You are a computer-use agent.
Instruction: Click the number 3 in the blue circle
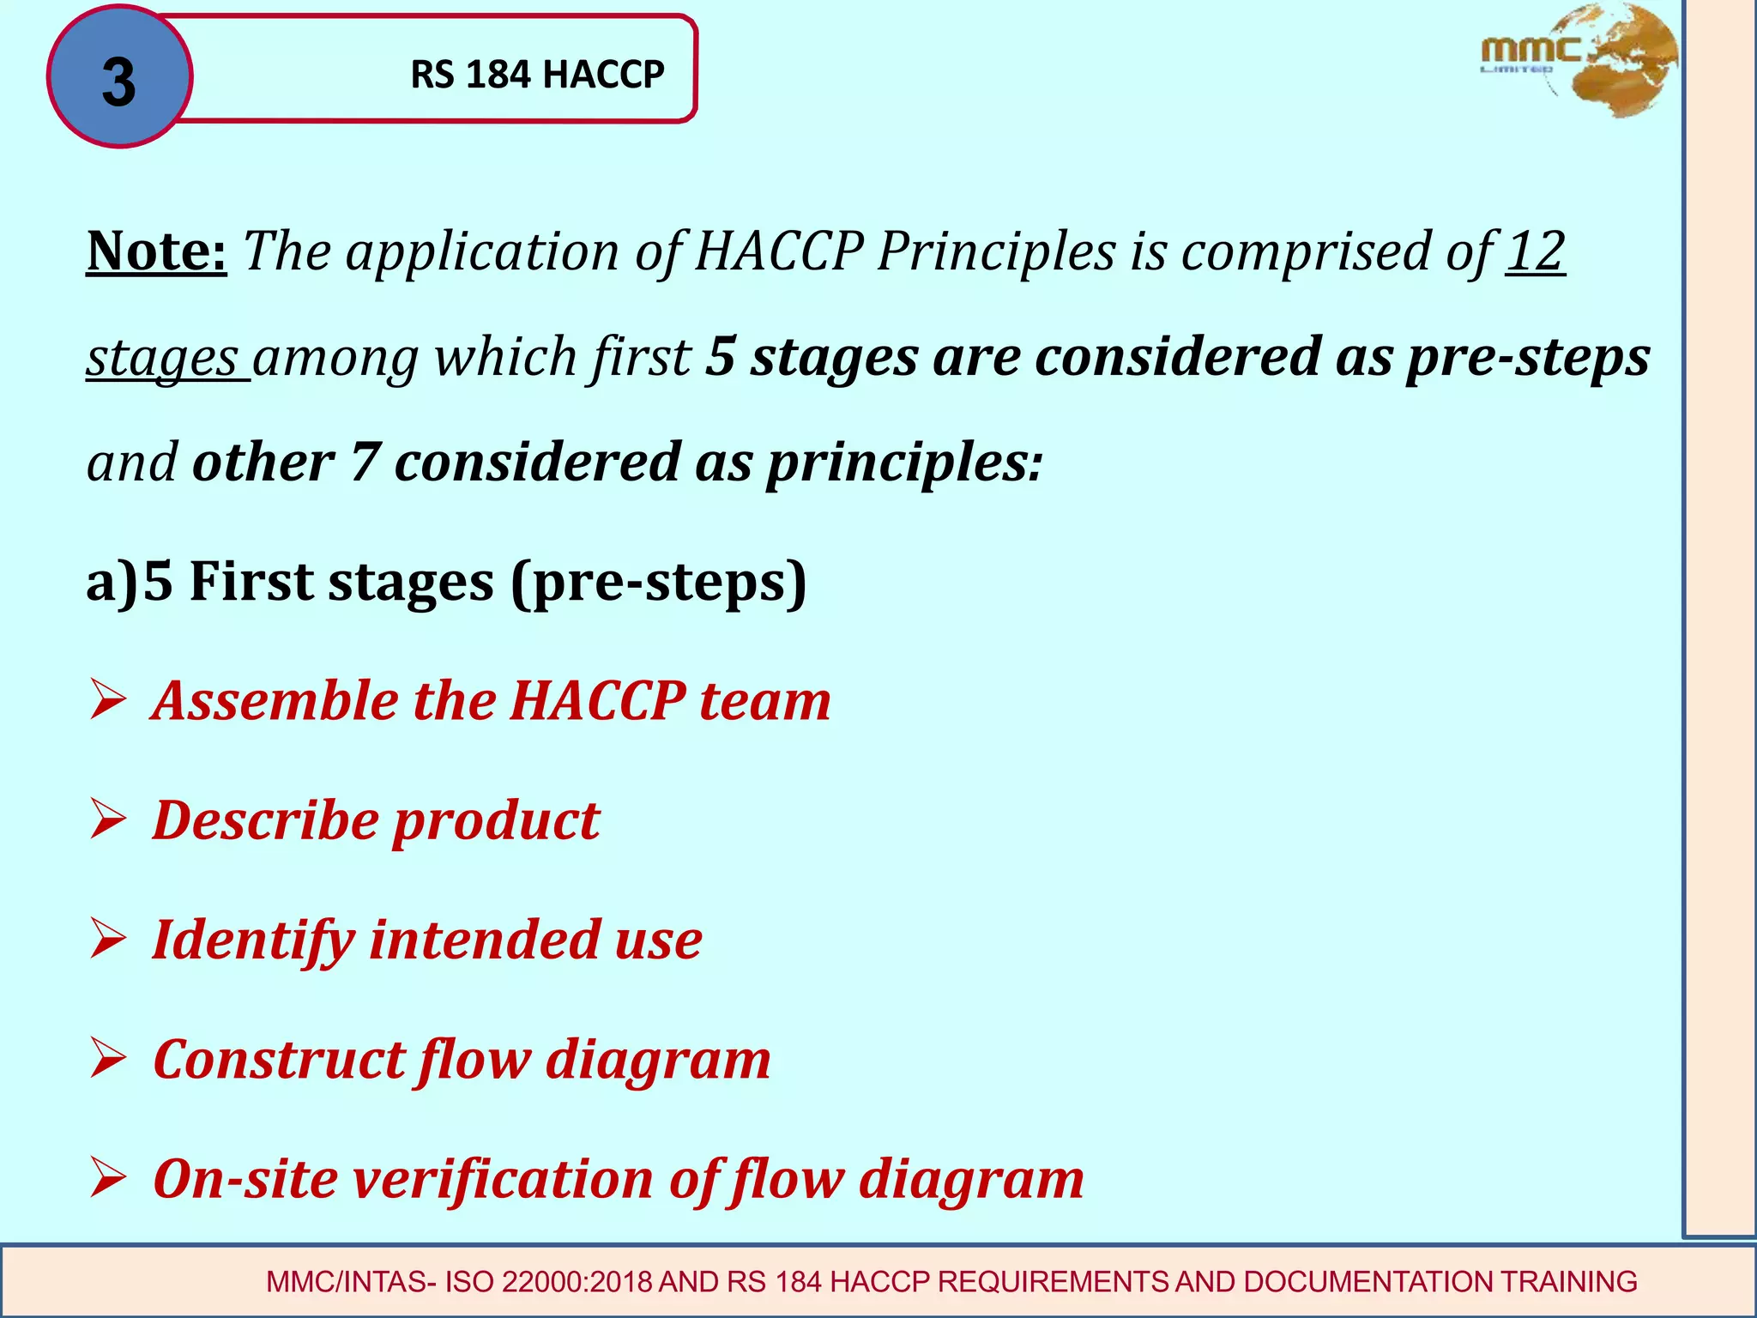pos(118,82)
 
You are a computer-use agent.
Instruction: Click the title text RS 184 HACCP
pos(537,75)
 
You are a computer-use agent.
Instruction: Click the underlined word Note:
pos(156,251)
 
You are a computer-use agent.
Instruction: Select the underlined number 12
pos(1536,251)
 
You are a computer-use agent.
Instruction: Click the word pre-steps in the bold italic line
pos(1527,357)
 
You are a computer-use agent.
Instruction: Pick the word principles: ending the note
pos(904,463)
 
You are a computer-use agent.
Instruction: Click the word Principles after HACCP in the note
pos(996,251)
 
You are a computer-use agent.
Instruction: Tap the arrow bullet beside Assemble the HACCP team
pos(108,702)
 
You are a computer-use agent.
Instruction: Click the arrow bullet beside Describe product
pos(108,821)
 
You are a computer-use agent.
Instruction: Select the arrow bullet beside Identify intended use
pos(108,940)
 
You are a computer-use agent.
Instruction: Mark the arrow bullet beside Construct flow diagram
pos(108,1061)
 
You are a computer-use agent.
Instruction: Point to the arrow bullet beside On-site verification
pos(108,1180)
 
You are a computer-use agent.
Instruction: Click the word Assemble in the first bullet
pos(275,701)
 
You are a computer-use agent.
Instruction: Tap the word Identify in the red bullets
pos(253,940)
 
